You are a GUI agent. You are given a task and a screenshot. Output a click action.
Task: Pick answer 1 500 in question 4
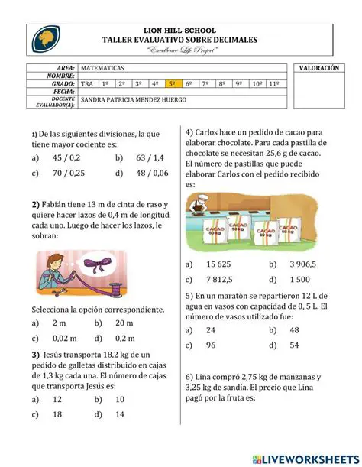(x=301, y=280)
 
